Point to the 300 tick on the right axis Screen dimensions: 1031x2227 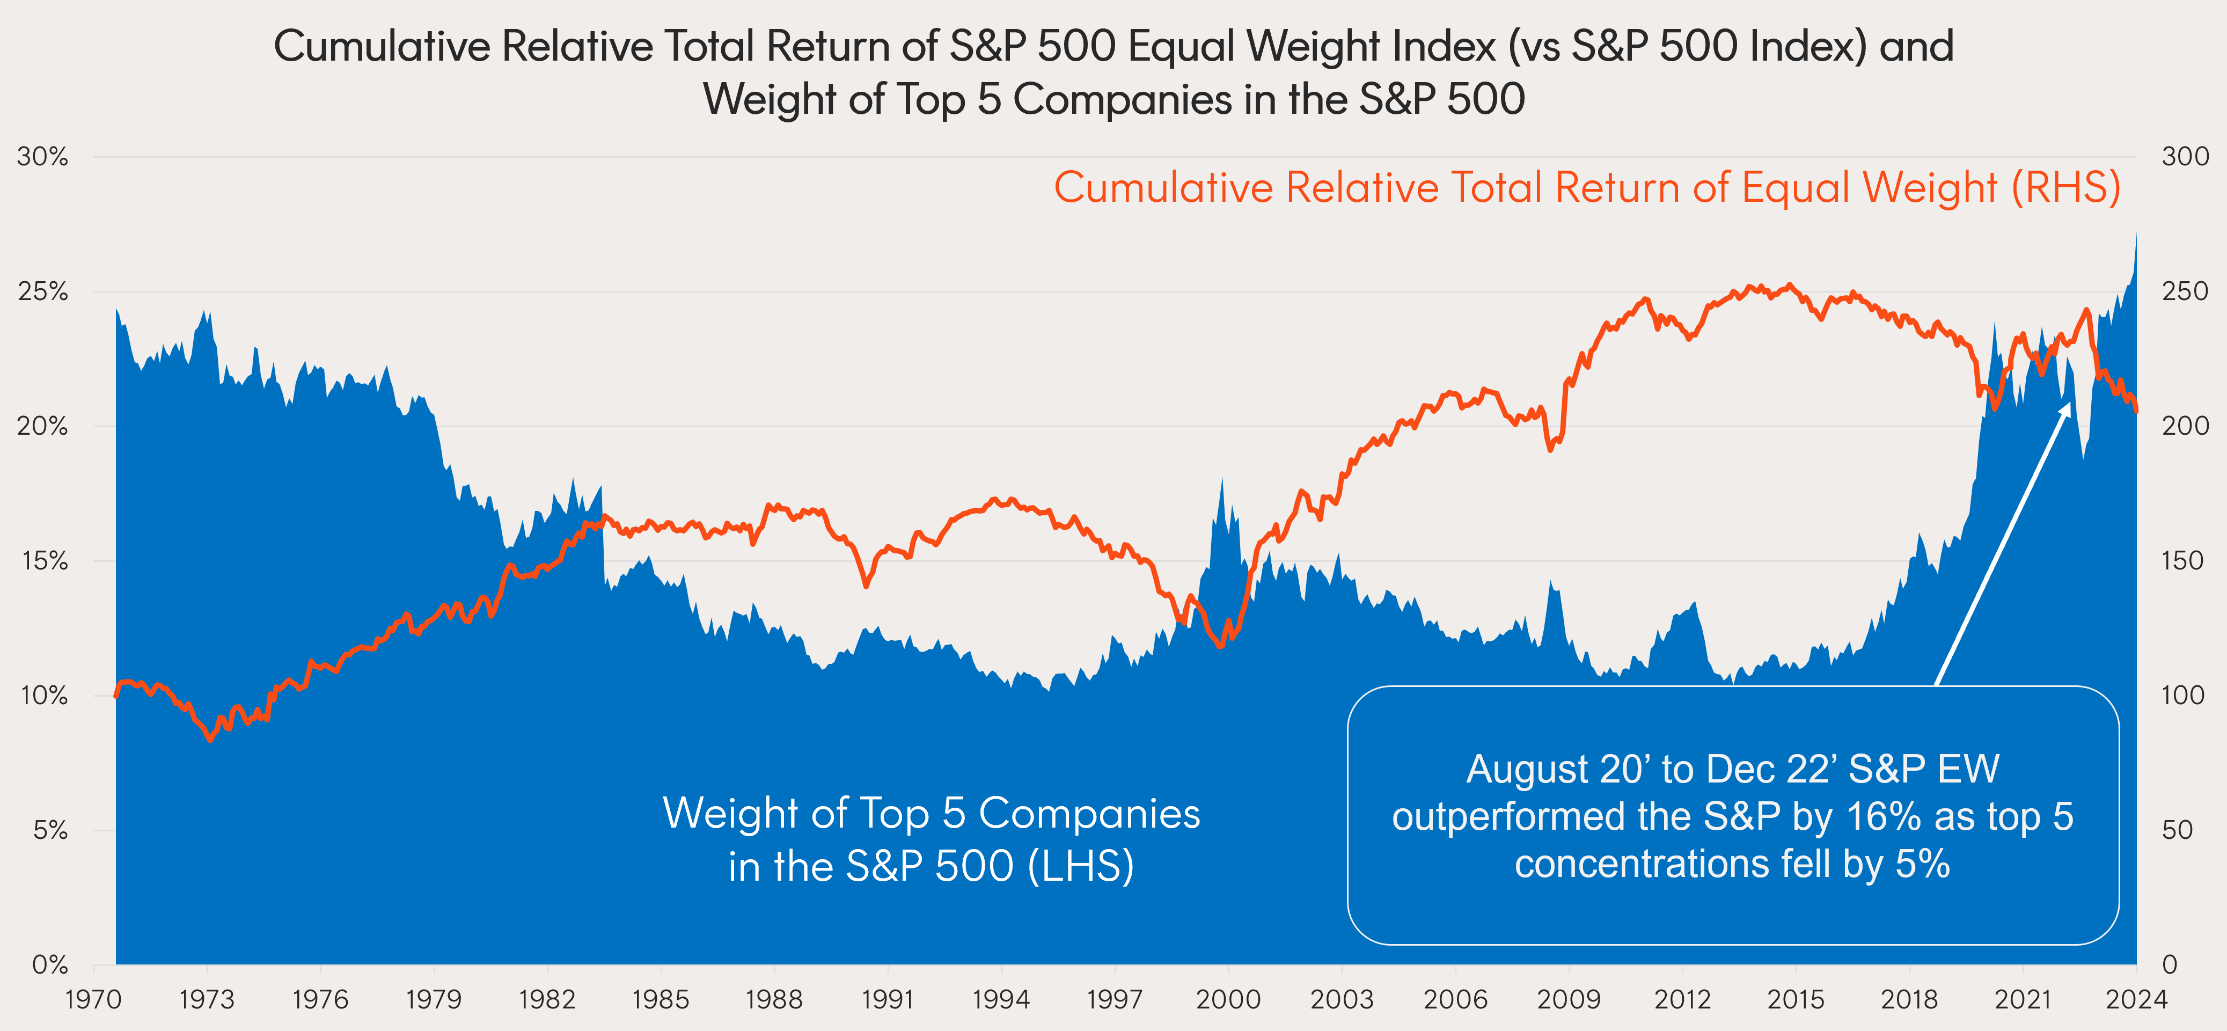pos(2185,157)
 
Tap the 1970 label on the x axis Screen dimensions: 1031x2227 pos(93,1000)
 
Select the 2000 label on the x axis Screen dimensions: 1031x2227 pos(1228,1000)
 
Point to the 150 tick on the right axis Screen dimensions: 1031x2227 pos(2183,560)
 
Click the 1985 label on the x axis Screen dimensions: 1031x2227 pos(661,1000)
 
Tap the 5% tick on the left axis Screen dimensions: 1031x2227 pos(50,830)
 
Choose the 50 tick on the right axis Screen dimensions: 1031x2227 pos(2177,830)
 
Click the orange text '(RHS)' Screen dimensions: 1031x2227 pos(2066,188)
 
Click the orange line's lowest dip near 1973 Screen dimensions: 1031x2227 pos(210,740)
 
